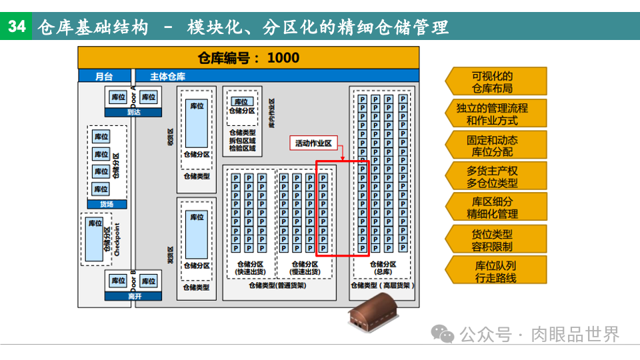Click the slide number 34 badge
coord(17,27)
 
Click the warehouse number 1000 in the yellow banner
coord(283,58)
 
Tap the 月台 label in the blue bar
coord(104,76)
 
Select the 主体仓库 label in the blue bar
coord(167,76)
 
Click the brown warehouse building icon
coord(373,312)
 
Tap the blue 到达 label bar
coord(134,112)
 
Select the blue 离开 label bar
coord(134,296)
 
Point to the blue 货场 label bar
coord(107,204)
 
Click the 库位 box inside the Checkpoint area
coord(95,223)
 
